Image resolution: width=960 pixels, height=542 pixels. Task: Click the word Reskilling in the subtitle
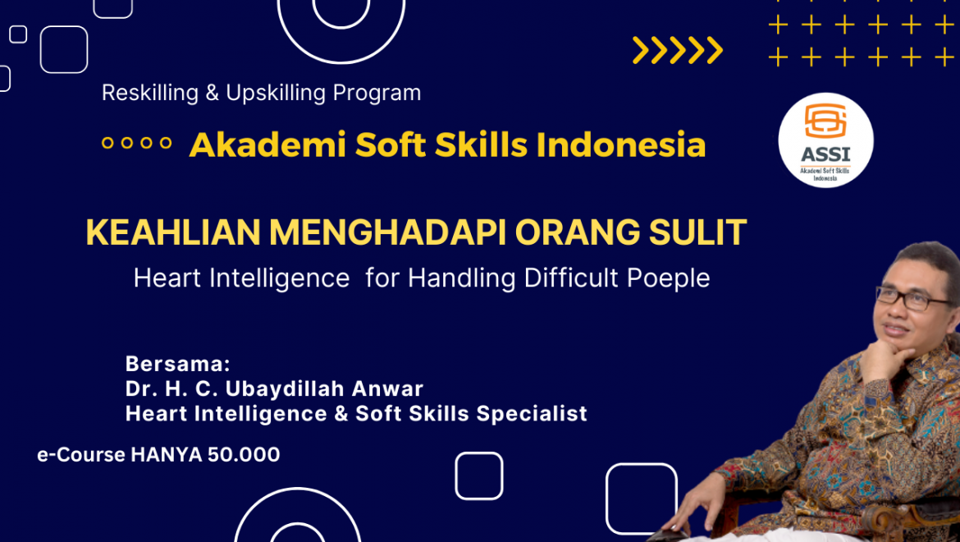(150, 93)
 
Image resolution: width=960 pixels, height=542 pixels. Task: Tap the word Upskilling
(277, 93)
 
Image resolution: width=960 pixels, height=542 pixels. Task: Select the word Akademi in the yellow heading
(267, 145)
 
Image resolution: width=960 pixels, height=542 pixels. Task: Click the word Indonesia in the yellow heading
(621, 145)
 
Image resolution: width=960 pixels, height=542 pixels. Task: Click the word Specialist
(532, 414)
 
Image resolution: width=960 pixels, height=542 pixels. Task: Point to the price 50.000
(244, 454)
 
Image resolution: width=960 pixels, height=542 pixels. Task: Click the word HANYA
(167, 454)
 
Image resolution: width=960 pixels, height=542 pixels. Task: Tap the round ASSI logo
(825, 140)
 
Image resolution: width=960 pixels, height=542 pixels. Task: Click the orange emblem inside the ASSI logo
(825, 121)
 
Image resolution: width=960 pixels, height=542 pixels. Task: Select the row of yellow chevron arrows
(678, 50)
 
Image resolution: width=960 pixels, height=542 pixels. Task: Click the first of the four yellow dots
(107, 143)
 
